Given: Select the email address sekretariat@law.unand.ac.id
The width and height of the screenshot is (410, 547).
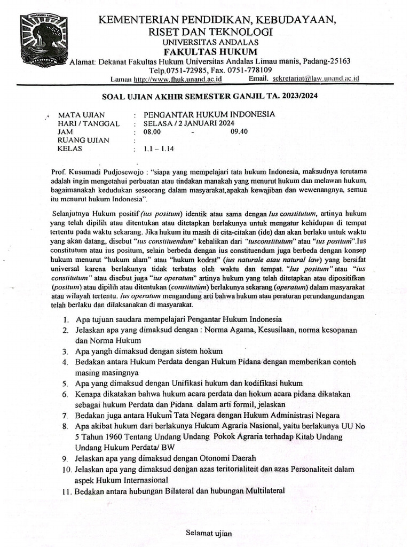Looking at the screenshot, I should pyautogui.click(x=316, y=79).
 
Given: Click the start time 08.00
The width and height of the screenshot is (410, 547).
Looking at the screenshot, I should pyautogui.click(x=152, y=132).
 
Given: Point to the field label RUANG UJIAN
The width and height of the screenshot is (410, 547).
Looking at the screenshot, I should pyautogui.click(x=83, y=140).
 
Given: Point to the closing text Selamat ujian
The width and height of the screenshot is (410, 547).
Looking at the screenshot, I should pyautogui.click(x=209, y=533).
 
